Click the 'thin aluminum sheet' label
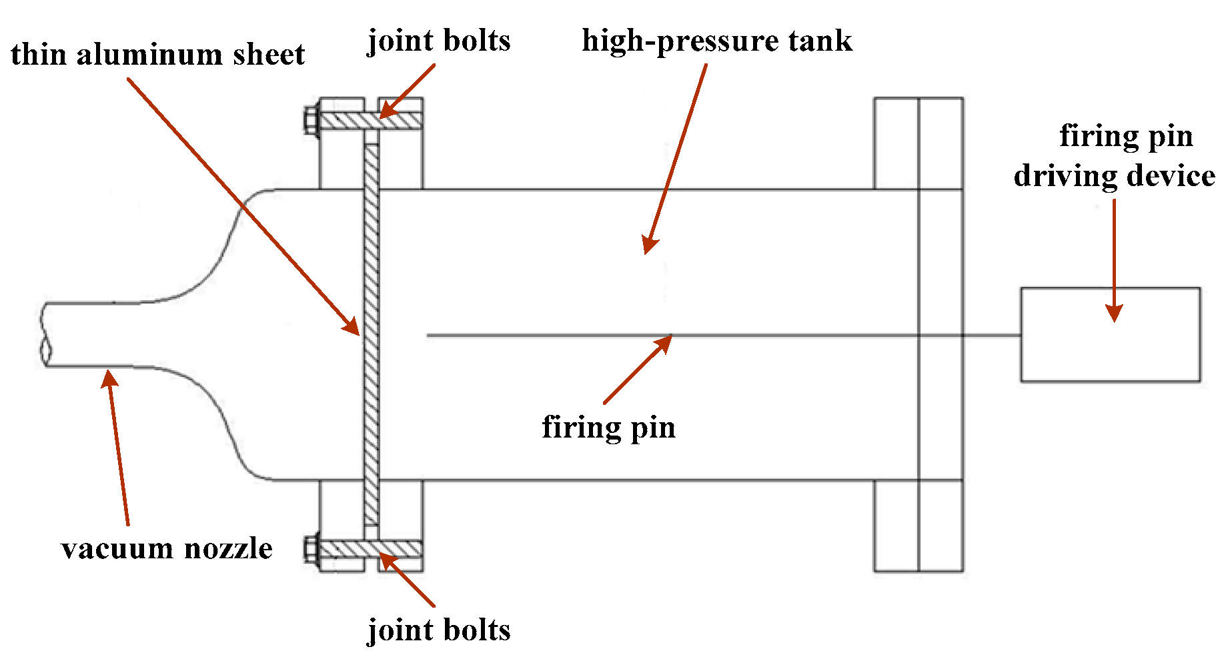click(157, 55)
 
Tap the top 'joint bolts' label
click(439, 41)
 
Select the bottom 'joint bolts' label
click(439, 630)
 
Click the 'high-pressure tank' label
click(717, 41)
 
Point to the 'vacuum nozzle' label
click(167, 548)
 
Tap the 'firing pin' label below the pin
click(608, 427)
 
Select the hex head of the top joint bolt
click(310, 121)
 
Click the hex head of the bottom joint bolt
click(310, 549)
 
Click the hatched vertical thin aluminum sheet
click(372, 334)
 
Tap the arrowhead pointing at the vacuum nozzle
click(109, 378)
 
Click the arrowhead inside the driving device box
click(1114, 313)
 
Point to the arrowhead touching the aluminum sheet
click(352, 326)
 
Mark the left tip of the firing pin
click(428, 335)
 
